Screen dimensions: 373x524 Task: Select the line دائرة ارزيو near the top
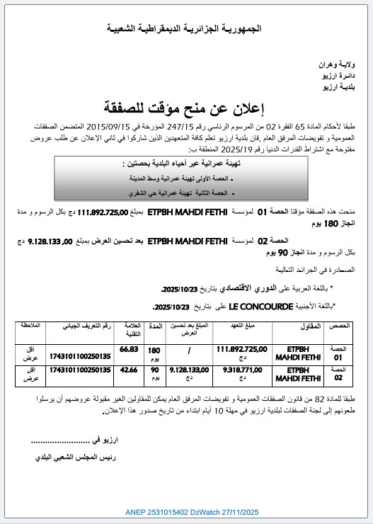point(345,74)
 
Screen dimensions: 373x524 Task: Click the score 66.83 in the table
point(129,349)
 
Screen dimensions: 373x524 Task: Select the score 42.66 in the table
point(129,369)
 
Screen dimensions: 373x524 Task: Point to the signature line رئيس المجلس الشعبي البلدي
point(75,458)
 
